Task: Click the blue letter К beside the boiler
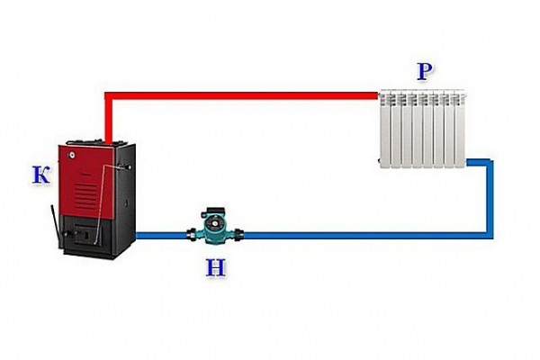(40, 175)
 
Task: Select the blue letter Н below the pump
(216, 268)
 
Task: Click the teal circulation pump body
(215, 229)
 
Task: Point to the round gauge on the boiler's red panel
(72, 155)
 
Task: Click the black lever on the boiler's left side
(56, 226)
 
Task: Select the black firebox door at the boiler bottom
(86, 234)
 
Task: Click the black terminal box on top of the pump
(214, 211)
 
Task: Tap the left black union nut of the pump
(191, 234)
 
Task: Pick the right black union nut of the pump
(240, 235)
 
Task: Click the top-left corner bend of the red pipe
(108, 96)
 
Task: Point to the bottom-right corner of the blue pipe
(490, 235)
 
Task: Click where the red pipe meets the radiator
(378, 95)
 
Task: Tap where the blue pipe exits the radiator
(467, 162)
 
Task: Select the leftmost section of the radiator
(385, 130)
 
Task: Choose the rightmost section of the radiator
(460, 129)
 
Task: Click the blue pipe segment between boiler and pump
(161, 235)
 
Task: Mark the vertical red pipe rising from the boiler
(108, 118)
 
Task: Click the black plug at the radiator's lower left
(380, 160)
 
